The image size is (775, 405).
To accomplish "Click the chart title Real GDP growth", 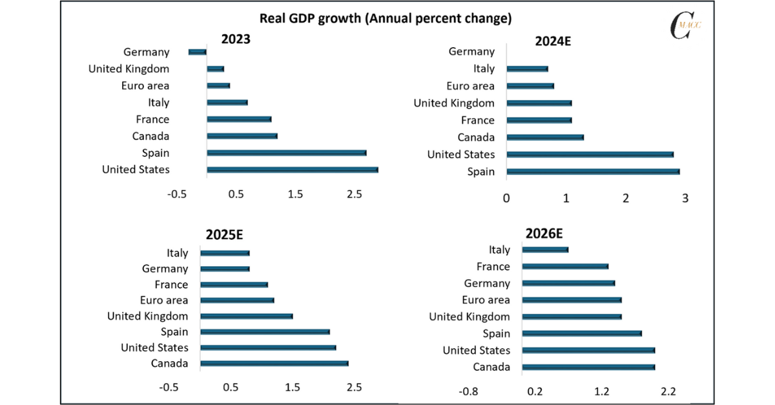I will (x=385, y=18).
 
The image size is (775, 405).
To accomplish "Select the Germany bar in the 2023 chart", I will (x=197, y=52).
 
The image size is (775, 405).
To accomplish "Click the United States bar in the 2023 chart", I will (x=292, y=170).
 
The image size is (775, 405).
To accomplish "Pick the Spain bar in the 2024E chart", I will (x=593, y=172).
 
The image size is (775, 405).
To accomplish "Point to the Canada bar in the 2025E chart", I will (x=274, y=364).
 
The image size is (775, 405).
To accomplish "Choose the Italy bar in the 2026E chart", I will (x=545, y=250).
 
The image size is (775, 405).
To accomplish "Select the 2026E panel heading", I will (x=553, y=233).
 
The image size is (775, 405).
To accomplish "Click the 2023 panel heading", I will (x=236, y=39).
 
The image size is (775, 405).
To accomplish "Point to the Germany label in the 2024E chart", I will (x=471, y=52).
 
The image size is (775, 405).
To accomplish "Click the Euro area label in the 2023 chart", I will (x=145, y=86).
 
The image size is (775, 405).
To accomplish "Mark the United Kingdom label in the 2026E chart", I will (x=470, y=317).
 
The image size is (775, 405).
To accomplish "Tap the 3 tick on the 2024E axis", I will (x=685, y=198).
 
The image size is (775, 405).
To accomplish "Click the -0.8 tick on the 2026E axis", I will (x=468, y=391).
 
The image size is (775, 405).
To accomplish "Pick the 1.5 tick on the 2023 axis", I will (x=295, y=194).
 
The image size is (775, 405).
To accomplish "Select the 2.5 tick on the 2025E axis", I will (x=354, y=388).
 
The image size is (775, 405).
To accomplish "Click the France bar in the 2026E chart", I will (x=565, y=267).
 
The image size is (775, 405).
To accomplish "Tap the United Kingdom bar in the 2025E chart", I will (x=247, y=317).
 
